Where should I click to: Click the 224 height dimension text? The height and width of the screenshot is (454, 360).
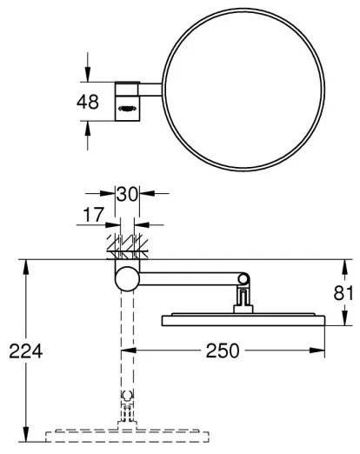click(24, 352)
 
